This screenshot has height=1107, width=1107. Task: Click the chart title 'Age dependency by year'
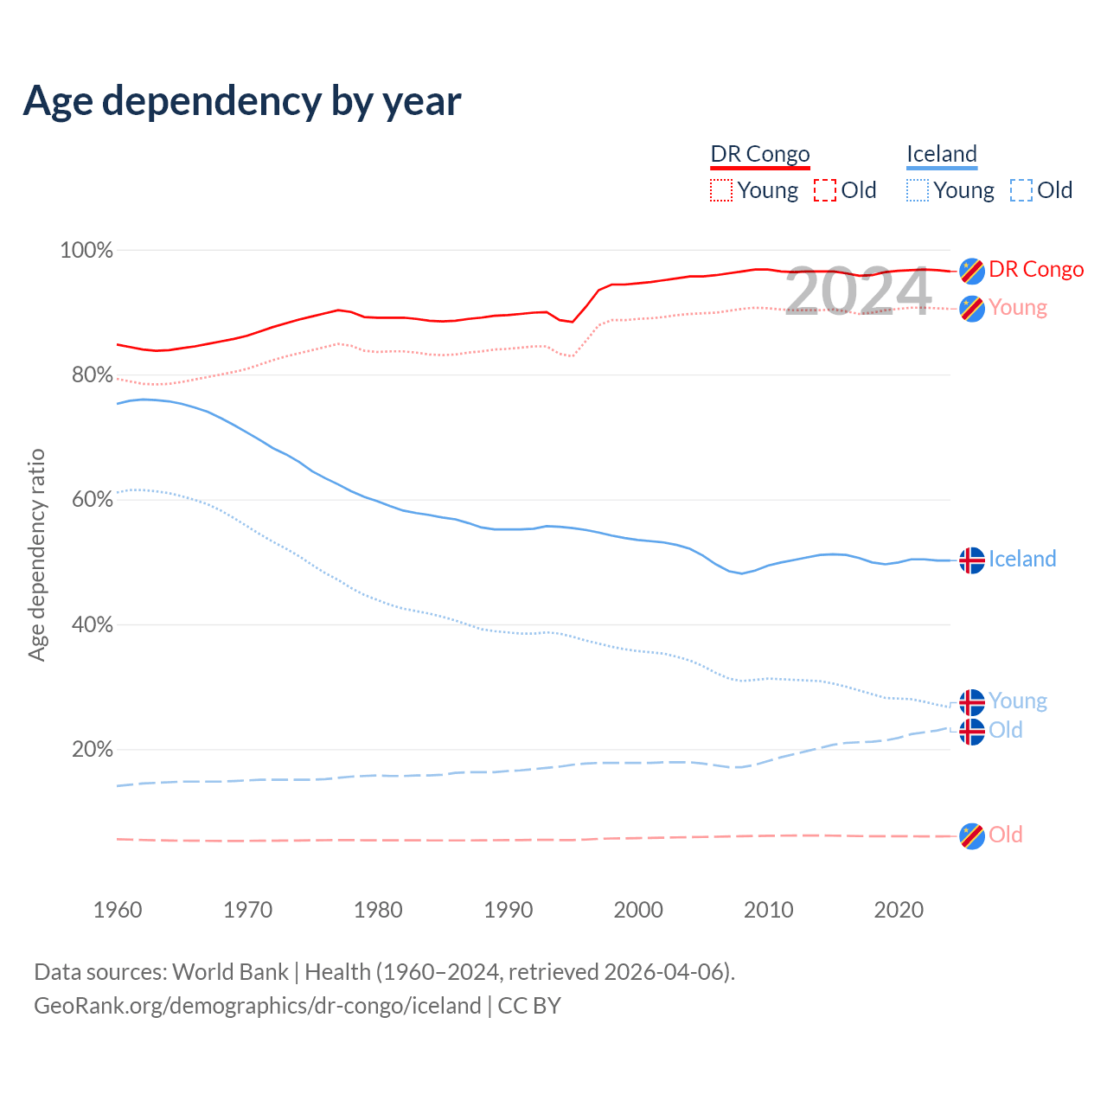242,101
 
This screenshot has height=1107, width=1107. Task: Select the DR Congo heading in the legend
760,154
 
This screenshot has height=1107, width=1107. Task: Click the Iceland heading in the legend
942,154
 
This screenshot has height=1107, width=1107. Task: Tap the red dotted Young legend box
720,190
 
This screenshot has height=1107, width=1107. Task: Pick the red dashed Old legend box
825,190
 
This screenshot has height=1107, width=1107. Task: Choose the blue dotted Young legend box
918,190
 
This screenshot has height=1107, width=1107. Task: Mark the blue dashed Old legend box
1021,190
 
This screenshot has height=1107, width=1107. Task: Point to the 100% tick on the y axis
86,251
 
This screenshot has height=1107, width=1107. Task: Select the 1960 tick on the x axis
118,910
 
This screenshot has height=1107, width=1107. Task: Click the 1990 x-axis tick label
509,910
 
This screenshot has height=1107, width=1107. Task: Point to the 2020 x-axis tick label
899,910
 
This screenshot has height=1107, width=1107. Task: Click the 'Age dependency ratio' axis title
36,554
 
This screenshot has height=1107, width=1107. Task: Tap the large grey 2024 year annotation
858,291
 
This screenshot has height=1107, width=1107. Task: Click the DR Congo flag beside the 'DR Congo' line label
972,271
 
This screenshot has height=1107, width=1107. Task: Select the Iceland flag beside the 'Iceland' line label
972,560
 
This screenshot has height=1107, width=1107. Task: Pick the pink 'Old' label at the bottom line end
1006,835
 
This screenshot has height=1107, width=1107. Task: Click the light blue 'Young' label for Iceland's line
1018,701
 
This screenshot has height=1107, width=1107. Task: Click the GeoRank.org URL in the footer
258,1006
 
